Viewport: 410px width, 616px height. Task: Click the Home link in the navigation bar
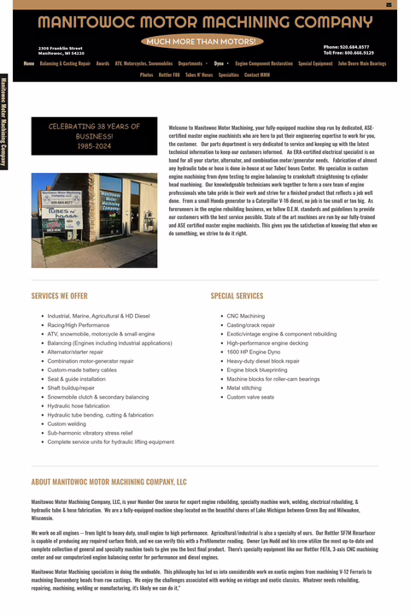pos(29,63)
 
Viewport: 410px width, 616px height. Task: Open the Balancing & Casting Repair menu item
pos(65,63)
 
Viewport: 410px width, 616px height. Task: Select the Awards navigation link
pos(102,63)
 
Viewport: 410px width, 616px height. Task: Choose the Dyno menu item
pos(219,63)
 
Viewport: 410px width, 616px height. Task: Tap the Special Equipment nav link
pos(315,63)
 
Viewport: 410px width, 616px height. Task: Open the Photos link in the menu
pos(146,75)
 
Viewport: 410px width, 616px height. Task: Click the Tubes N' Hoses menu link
pos(199,75)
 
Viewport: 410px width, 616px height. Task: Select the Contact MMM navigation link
pos(257,75)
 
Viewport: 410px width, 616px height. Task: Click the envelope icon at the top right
pos(389,4)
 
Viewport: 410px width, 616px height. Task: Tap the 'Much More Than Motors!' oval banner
pos(202,41)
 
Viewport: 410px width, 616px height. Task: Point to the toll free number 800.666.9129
pos(348,52)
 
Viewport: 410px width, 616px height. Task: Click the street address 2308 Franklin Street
pos(61,48)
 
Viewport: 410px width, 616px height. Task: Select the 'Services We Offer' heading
pos(59,296)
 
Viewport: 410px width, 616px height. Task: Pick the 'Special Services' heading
pos(237,296)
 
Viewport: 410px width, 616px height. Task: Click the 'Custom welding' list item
pos(67,423)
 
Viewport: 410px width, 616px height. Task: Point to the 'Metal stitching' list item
pos(244,388)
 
